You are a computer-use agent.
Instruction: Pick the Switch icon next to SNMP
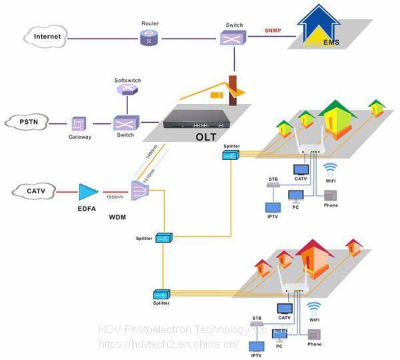pos(233,37)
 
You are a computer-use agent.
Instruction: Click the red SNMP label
pos(273,30)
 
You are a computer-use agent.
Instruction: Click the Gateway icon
pos(79,123)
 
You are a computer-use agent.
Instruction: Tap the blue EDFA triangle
pos(87,193)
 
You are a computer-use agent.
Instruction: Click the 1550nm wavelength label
pos(115,198)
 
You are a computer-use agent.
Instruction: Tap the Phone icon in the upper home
pos(329,195)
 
